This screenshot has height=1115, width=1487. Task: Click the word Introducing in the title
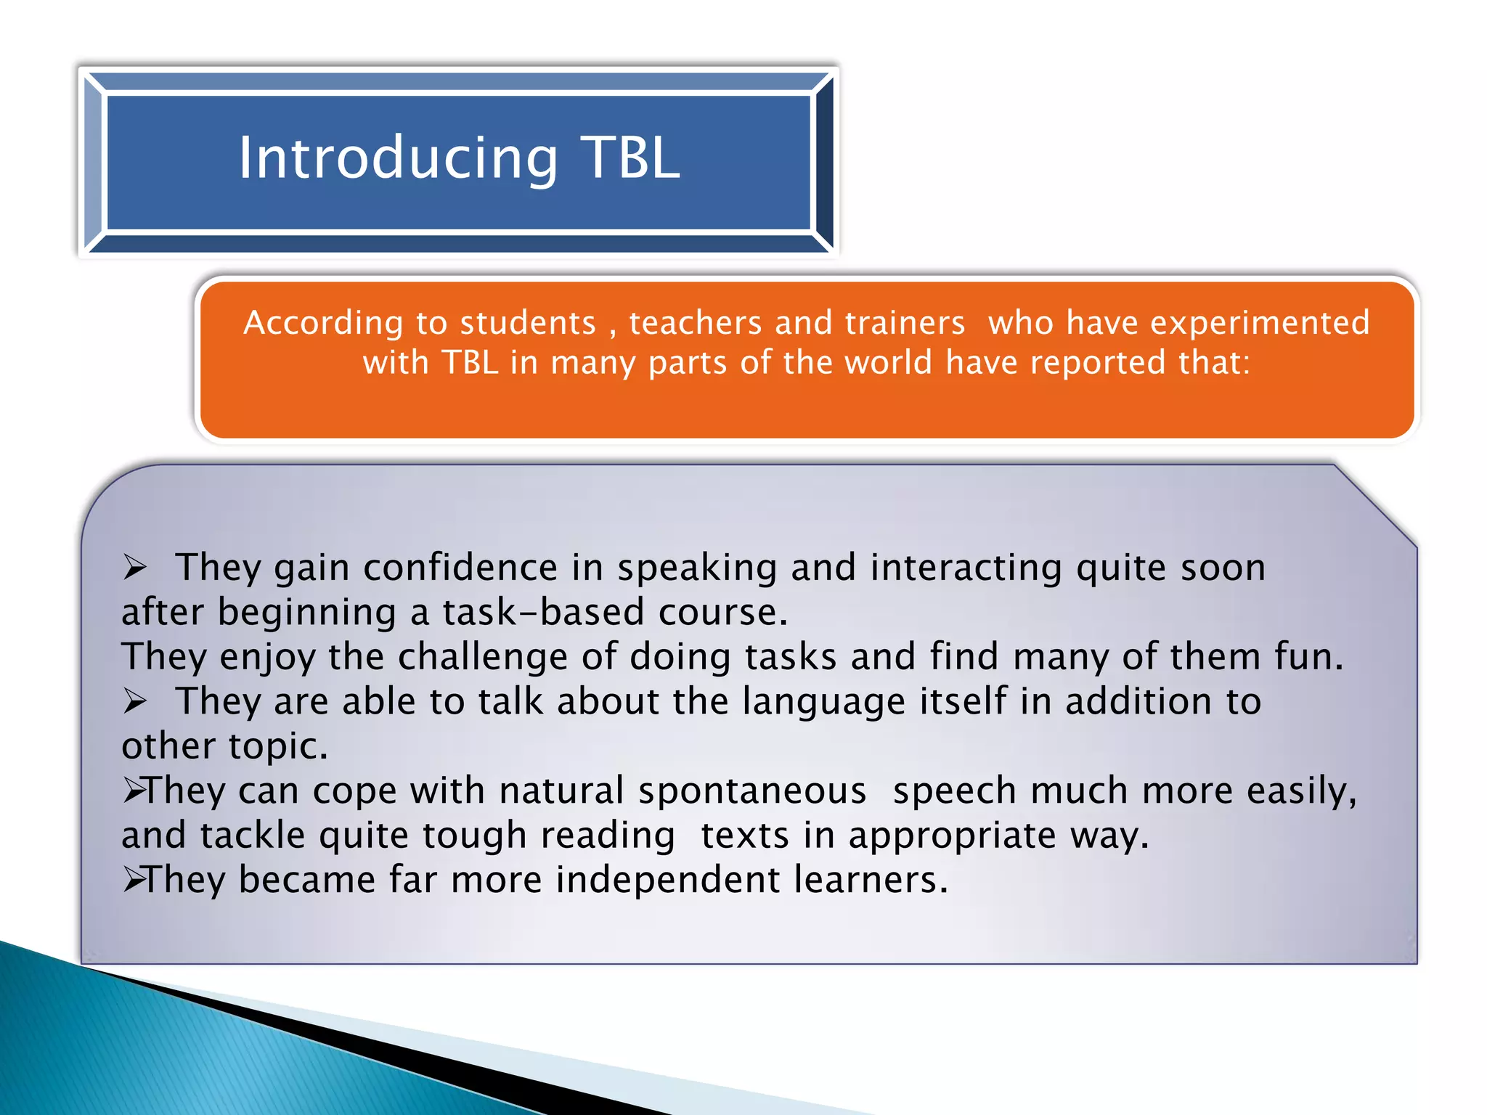point(398,158)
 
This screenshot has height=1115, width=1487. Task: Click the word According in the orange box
point(322,322)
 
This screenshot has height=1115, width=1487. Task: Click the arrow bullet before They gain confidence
point(135,567)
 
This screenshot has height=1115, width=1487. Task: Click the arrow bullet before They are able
point(135,701)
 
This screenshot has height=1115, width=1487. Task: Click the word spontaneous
point(752,791)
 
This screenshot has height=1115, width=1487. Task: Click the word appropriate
point(952,836)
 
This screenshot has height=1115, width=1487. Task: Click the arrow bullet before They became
point(134,880)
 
